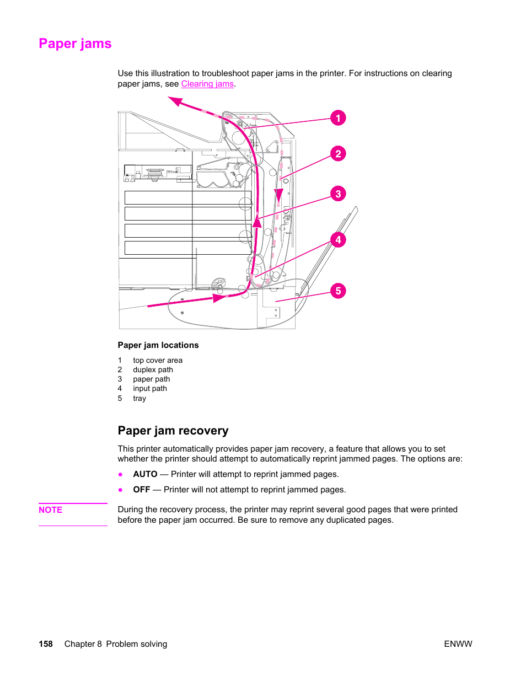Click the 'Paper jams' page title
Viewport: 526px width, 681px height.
(75, 44)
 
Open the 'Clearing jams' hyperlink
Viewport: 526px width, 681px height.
(207, 84)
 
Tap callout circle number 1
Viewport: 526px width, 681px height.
(338, 118)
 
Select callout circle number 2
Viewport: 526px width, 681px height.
(338, 154)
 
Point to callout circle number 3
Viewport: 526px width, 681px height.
(338, 194)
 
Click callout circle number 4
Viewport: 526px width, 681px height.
(338, 240)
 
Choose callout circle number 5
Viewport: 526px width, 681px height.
(338, 291)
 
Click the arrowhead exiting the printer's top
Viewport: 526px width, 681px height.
(175, 101)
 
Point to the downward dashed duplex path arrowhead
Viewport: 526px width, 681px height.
(279, 196)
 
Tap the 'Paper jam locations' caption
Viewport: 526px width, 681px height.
(158, 345)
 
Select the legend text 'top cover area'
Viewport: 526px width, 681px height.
(158, 360)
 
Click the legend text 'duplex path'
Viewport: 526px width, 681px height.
(153, 369)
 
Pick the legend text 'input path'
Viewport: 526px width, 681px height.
(149, 388)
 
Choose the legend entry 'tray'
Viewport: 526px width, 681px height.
(139, 398)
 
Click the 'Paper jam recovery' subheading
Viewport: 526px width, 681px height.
(173, 431)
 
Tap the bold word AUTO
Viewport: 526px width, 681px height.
(145, 474)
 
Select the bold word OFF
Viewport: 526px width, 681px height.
(142, 490)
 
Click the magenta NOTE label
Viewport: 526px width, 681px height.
(51, 510)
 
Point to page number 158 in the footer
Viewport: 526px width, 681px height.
(46, 644)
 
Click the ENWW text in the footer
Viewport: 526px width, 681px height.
(458, 644)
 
